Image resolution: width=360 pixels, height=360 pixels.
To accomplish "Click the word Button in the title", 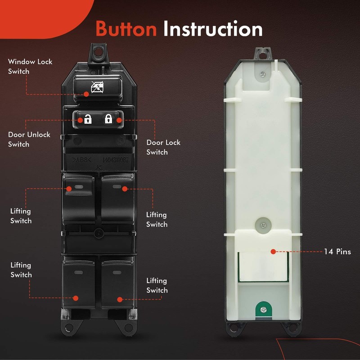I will point(126,29).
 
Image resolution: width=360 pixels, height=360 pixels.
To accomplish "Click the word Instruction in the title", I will point(213,29).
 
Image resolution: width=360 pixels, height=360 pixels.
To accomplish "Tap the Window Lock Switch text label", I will point(30,67).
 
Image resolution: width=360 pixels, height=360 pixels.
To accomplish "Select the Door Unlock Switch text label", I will point(29,139).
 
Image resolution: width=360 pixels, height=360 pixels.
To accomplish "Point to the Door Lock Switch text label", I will point(163,147).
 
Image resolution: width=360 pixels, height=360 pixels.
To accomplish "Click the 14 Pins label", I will point(337,252).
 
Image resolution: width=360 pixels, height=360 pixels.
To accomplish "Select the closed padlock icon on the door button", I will point(108,119).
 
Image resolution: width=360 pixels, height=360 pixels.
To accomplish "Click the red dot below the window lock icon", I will point(87,94).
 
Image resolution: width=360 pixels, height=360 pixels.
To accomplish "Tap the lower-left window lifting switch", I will point(79,281).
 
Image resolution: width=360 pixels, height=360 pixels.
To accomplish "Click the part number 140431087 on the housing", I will point(116,159).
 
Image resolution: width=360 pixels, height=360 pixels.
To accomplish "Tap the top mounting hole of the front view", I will point(99,52).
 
